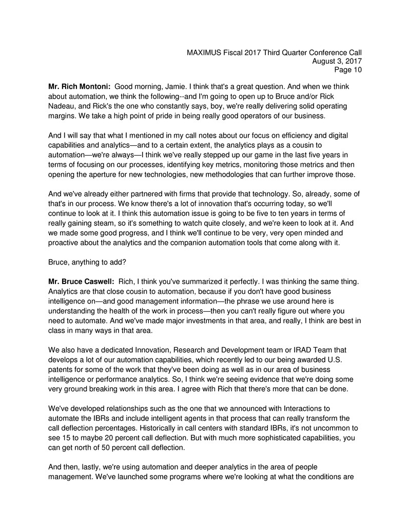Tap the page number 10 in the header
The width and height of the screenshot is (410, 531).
[357, 70]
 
